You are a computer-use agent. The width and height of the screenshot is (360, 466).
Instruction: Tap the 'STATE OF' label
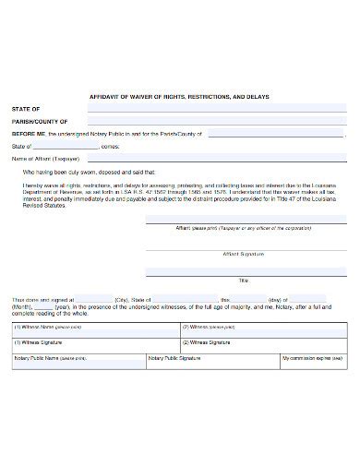(x=25, y=108)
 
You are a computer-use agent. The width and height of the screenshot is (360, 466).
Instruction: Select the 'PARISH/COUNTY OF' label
(x=39, y=121)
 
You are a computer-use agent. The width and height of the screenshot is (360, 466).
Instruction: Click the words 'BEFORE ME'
(x=28, y=133)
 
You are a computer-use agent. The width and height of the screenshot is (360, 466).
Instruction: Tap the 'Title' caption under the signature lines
(x=244, y=279)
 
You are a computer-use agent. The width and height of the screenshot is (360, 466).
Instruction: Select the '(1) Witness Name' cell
(x=89, y=328)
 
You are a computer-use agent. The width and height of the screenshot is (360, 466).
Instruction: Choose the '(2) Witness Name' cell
(x=263, y=328)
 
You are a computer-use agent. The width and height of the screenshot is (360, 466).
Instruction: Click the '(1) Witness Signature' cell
(x=89, y=341)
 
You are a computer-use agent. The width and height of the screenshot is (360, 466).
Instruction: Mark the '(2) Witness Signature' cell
(x=263, y=341)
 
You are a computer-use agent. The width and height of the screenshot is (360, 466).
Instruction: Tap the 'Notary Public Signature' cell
(x=217, y=357)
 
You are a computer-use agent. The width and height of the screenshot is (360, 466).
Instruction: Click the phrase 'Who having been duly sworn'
(x=64, y=172)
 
